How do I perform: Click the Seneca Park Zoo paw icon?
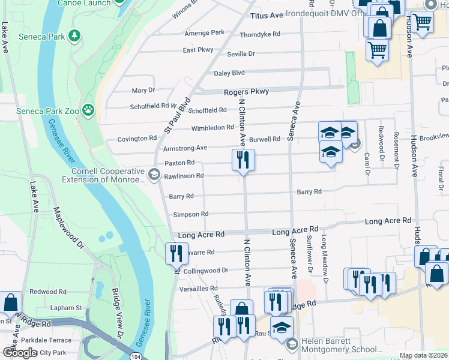click(x=88, y=109)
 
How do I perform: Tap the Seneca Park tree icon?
click(x=74, y=36)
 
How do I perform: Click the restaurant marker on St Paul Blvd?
click(x=176, y=253)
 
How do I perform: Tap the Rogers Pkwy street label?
click(x=246, y=91)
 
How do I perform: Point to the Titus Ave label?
click(x=267, y=14)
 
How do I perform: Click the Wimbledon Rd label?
click(x=212, y=128)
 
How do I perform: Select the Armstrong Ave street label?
click(x=185, y=148)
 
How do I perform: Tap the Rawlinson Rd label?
click(x=184, y=176)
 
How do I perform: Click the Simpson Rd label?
click(x=190, y=214)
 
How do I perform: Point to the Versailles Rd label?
click(x=201, y=289)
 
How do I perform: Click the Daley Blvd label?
click(x=229, y=73)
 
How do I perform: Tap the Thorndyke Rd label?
click(x=260, y=34)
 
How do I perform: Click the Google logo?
click(x=20, y=353)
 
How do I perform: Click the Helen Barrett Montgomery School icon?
click(x=292, y=344)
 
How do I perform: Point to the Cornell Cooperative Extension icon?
click(x=154, y=175)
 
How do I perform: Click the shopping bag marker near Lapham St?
click(x=11, y=303)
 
